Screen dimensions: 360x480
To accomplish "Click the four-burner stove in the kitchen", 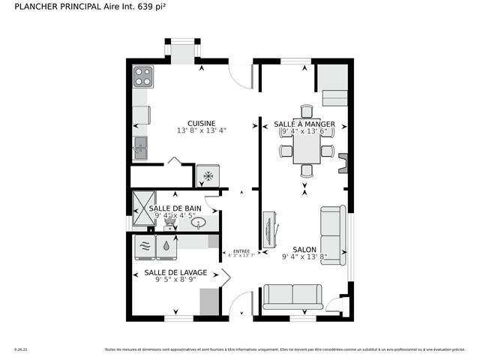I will tap(142, 76).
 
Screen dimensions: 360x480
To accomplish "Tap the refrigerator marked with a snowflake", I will tap(208, 175).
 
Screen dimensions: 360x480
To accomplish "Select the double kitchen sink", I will tap(141, 148).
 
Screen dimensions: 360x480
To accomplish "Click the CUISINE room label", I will tap(202, 124).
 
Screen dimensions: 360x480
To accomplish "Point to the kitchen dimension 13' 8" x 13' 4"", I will tap(202, 131).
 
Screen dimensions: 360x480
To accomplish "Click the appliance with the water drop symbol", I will tap(165, 246).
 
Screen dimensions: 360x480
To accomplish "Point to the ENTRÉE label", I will tap(241, 251).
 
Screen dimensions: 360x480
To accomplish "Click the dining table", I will tap(306, 151).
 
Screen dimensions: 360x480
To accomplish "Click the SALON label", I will tap(304, 250).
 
